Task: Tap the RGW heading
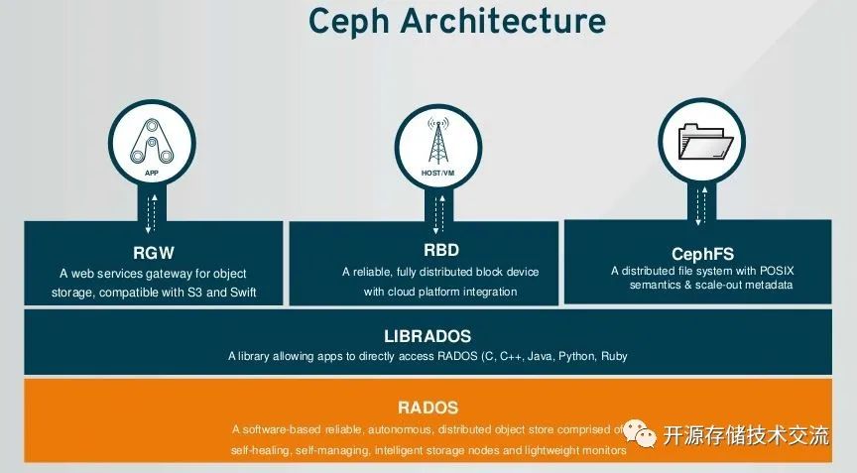point(153,252)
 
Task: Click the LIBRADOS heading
point(427,336)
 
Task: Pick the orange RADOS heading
point(428,407)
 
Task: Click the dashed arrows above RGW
point(153,209)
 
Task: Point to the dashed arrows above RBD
point(437,209)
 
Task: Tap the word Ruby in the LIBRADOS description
point(613,356)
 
